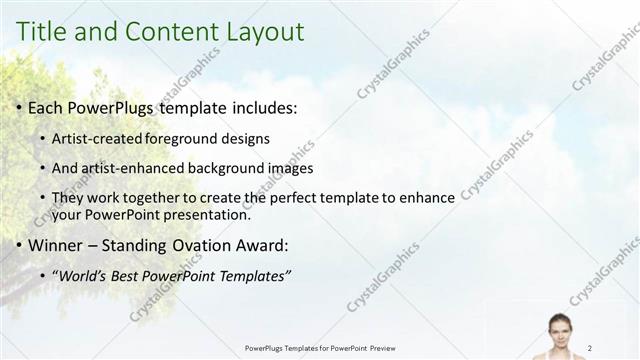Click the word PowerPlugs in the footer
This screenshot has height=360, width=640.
click(x=265, y=348)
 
